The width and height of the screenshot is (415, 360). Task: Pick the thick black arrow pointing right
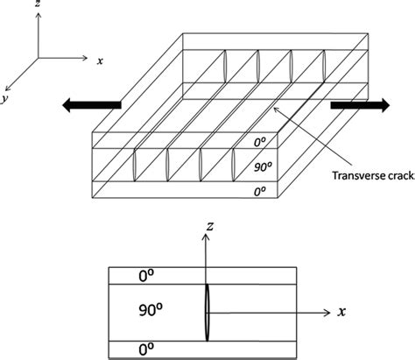[360, 105]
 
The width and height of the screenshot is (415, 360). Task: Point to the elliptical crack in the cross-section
[206, 311]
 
